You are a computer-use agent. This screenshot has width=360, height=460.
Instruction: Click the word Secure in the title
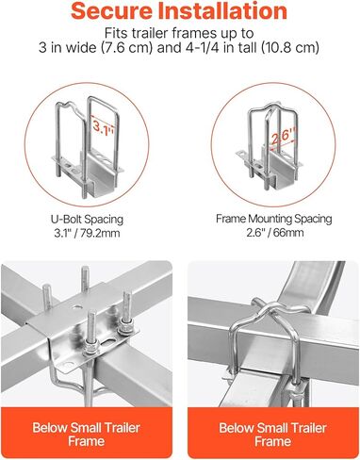point(112,10)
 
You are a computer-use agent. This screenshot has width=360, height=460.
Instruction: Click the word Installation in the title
point(222,10)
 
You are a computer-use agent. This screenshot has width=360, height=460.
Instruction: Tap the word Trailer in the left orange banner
point(123,428)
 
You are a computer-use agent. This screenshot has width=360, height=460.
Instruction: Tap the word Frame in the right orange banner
point(272,441)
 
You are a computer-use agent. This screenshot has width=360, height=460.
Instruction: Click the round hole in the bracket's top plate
point(75,306)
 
